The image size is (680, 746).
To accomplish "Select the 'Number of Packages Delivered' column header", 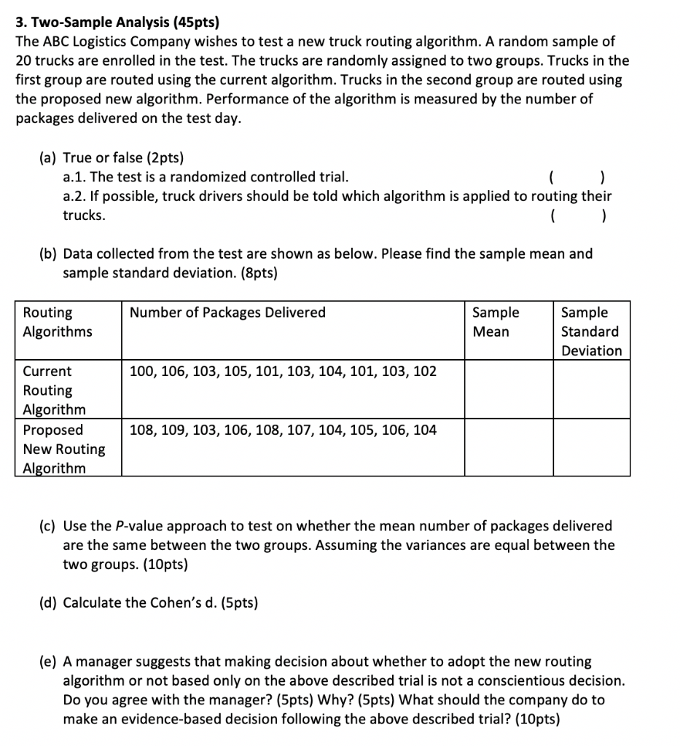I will (227, 313).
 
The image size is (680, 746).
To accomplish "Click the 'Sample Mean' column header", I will (496, 322).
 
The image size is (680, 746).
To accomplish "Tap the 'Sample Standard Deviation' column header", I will (591, 331).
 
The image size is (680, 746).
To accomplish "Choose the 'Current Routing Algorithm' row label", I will (54, 390).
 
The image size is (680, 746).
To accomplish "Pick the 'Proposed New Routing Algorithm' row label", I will (63, 449).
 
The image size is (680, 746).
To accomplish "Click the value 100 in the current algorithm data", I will (141, 372).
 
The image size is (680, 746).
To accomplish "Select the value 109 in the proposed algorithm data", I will (173, 430).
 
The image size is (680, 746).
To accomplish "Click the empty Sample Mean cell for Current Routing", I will (509, 389).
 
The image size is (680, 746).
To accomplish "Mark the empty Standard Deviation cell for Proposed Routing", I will (591, 447).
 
